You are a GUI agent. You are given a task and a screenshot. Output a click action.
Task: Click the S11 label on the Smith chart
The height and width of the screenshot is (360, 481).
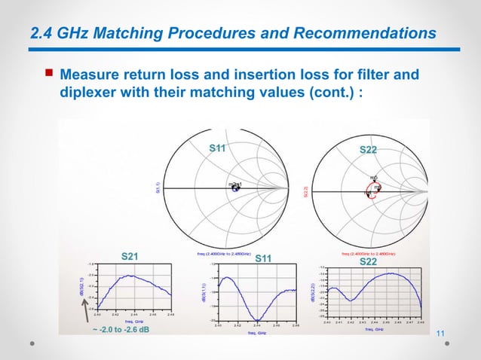pyautogui.click(x=218, y=148)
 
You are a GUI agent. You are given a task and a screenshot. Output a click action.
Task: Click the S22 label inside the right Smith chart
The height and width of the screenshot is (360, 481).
pyautogui.click(x=368, y=151)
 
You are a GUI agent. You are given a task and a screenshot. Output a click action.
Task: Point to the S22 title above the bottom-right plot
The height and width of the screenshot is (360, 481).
pyautogui.click(x=368, y=262)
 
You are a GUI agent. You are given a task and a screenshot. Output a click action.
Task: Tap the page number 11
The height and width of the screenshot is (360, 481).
pyautogui.click(x=442, y=334)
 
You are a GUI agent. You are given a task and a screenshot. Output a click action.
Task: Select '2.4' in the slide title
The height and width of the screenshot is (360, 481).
pyautogui.click(x=41, y=33)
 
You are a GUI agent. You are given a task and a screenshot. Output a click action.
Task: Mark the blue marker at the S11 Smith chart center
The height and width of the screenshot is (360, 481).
pyautogui.click(x=235, y=188)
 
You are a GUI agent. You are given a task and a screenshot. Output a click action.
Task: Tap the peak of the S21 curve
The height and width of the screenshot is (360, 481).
pyautogui.click(x=130, y=276)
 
